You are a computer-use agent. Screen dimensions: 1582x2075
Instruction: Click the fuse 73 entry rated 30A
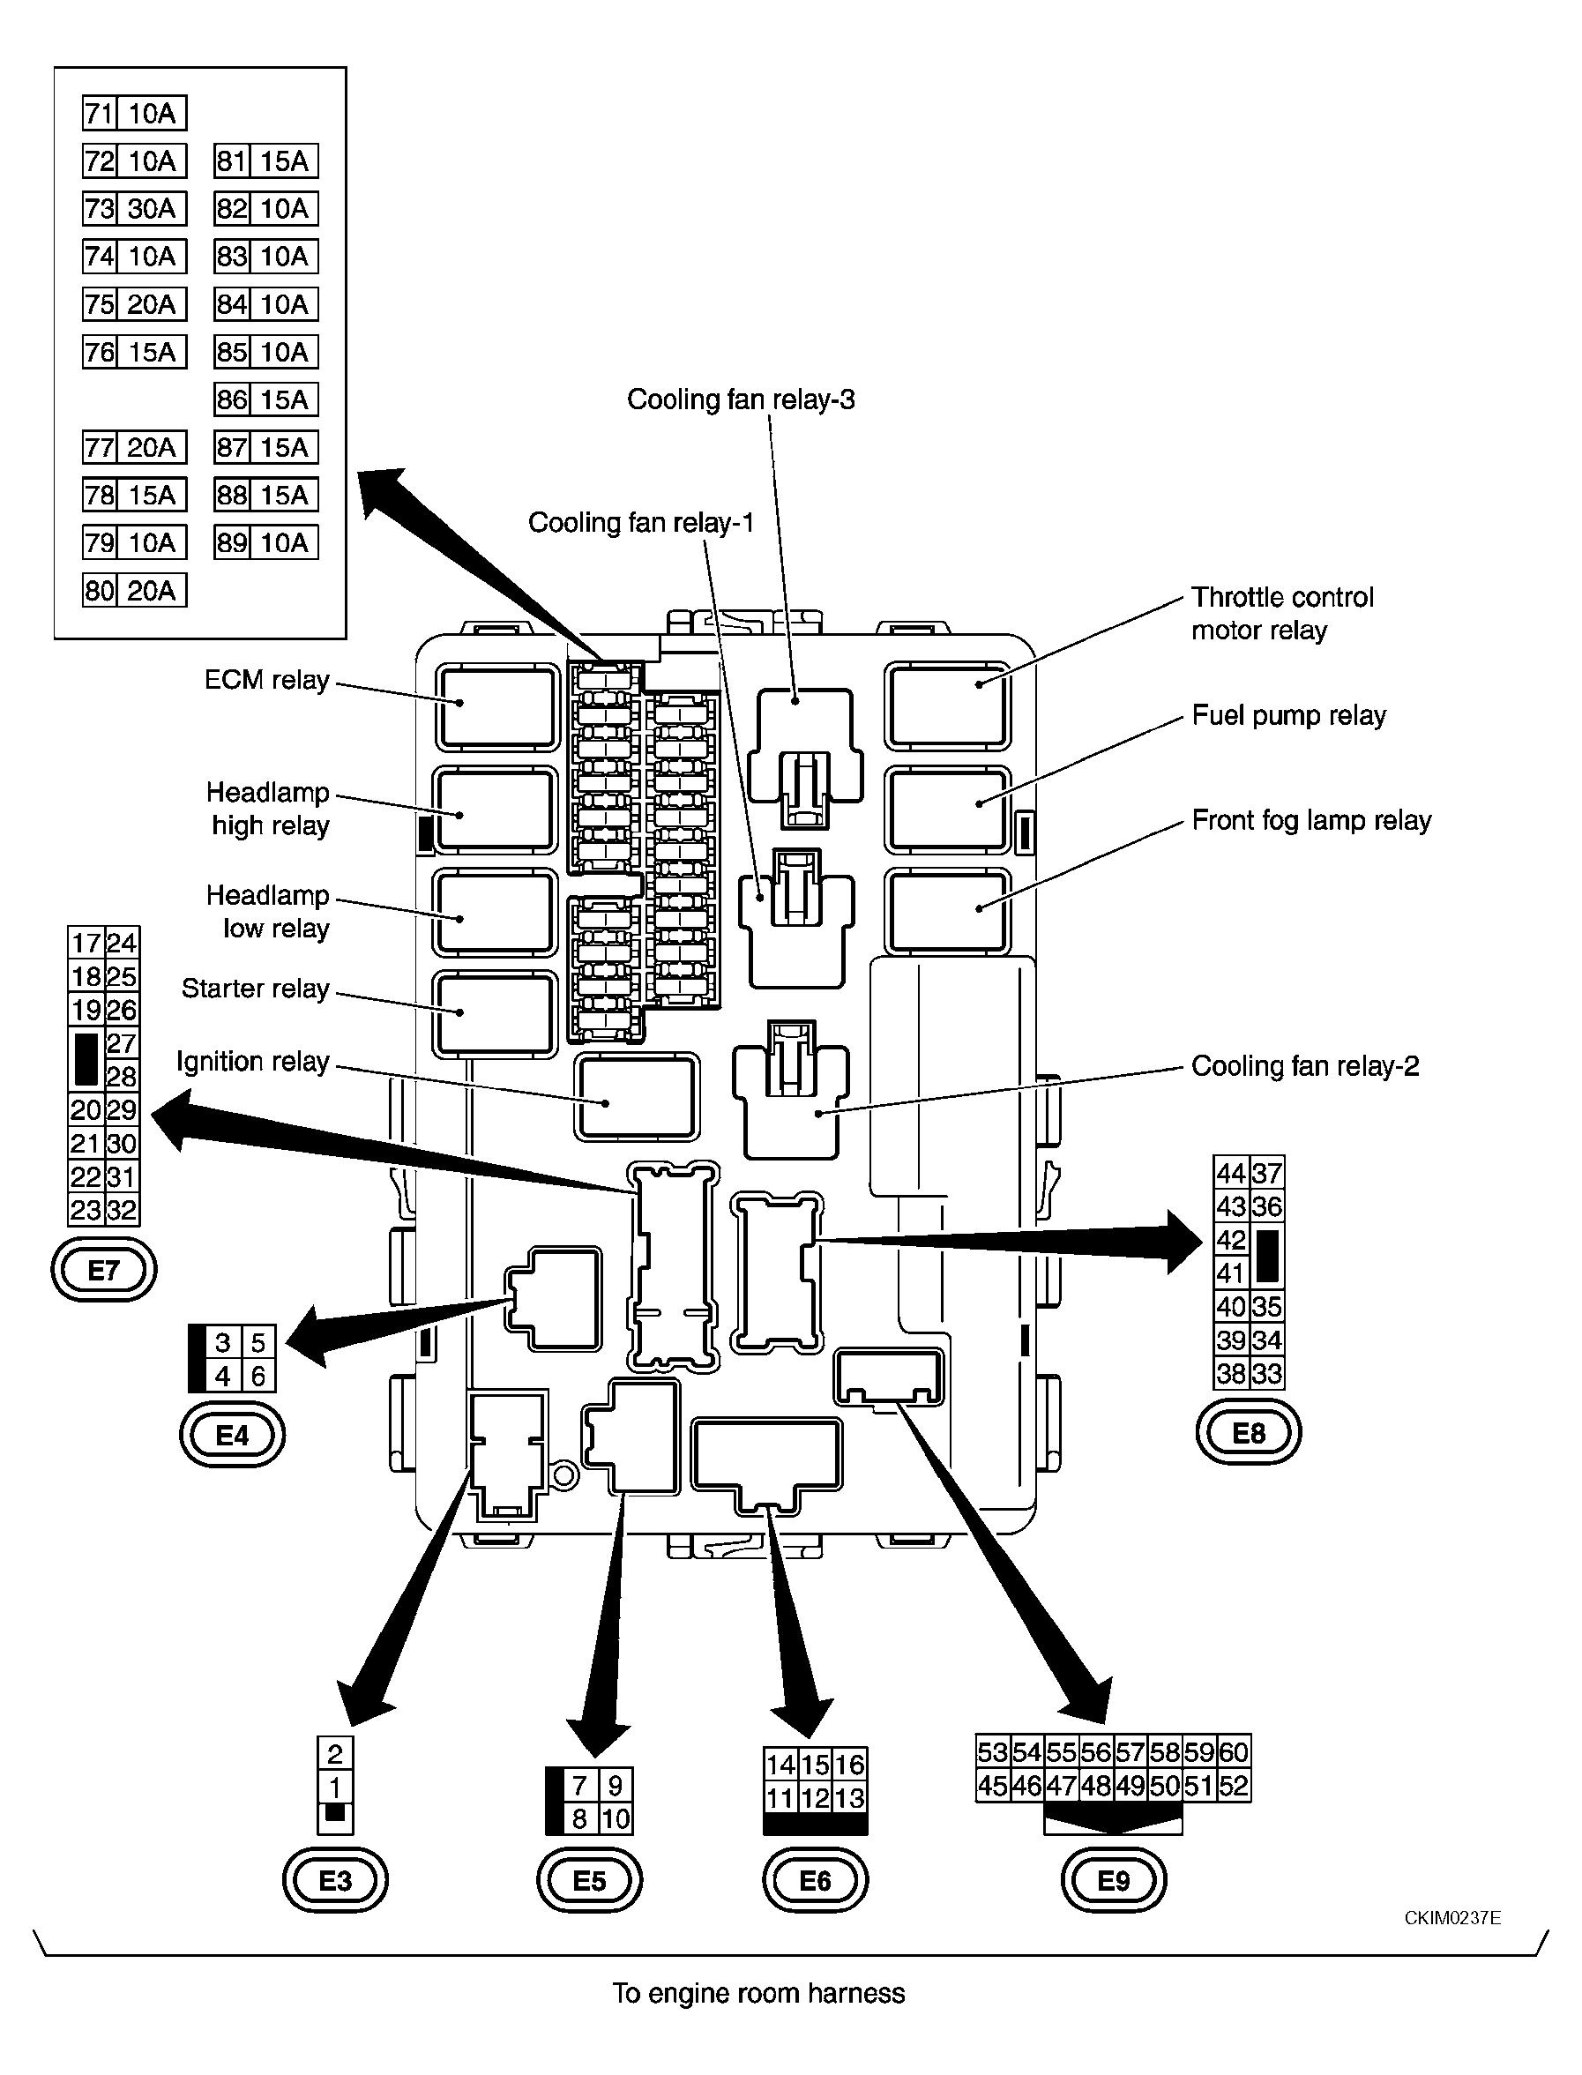click(135, 208)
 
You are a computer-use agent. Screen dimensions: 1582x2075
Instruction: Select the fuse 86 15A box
click(266, 399)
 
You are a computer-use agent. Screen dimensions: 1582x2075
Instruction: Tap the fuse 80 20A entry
click(135, 590)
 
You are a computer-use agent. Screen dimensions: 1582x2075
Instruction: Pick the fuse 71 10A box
click(135, 113)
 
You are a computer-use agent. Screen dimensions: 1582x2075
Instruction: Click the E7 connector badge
click(103, 1270)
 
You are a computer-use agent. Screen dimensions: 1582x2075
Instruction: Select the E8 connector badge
click(1249, 1433)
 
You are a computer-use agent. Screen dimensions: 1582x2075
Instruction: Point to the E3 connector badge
click(335, 1881)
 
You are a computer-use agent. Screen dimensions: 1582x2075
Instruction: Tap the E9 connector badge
click(1114, 1881)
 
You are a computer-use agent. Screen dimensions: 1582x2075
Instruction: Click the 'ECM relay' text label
click(266, 680)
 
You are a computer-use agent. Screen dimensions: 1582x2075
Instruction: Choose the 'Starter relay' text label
click(255, 989)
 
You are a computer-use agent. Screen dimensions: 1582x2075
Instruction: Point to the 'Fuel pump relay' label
click(1289, 715)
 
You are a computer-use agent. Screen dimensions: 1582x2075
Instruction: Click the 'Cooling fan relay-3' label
click(741, 399)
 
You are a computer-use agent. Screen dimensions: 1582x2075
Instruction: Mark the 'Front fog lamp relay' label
click(1312, 820)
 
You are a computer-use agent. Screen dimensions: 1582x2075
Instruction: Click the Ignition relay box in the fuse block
click(637, 1097)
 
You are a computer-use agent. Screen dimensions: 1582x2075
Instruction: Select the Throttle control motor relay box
click(947, 706)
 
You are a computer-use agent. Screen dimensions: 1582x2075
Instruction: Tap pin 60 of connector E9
click(1234, 1752)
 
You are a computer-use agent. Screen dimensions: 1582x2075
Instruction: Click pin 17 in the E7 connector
click(86, 943)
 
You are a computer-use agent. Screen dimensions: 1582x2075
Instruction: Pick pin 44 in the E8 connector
click(1231, 1173)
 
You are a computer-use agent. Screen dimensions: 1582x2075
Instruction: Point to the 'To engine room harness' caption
click(759, 1993)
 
